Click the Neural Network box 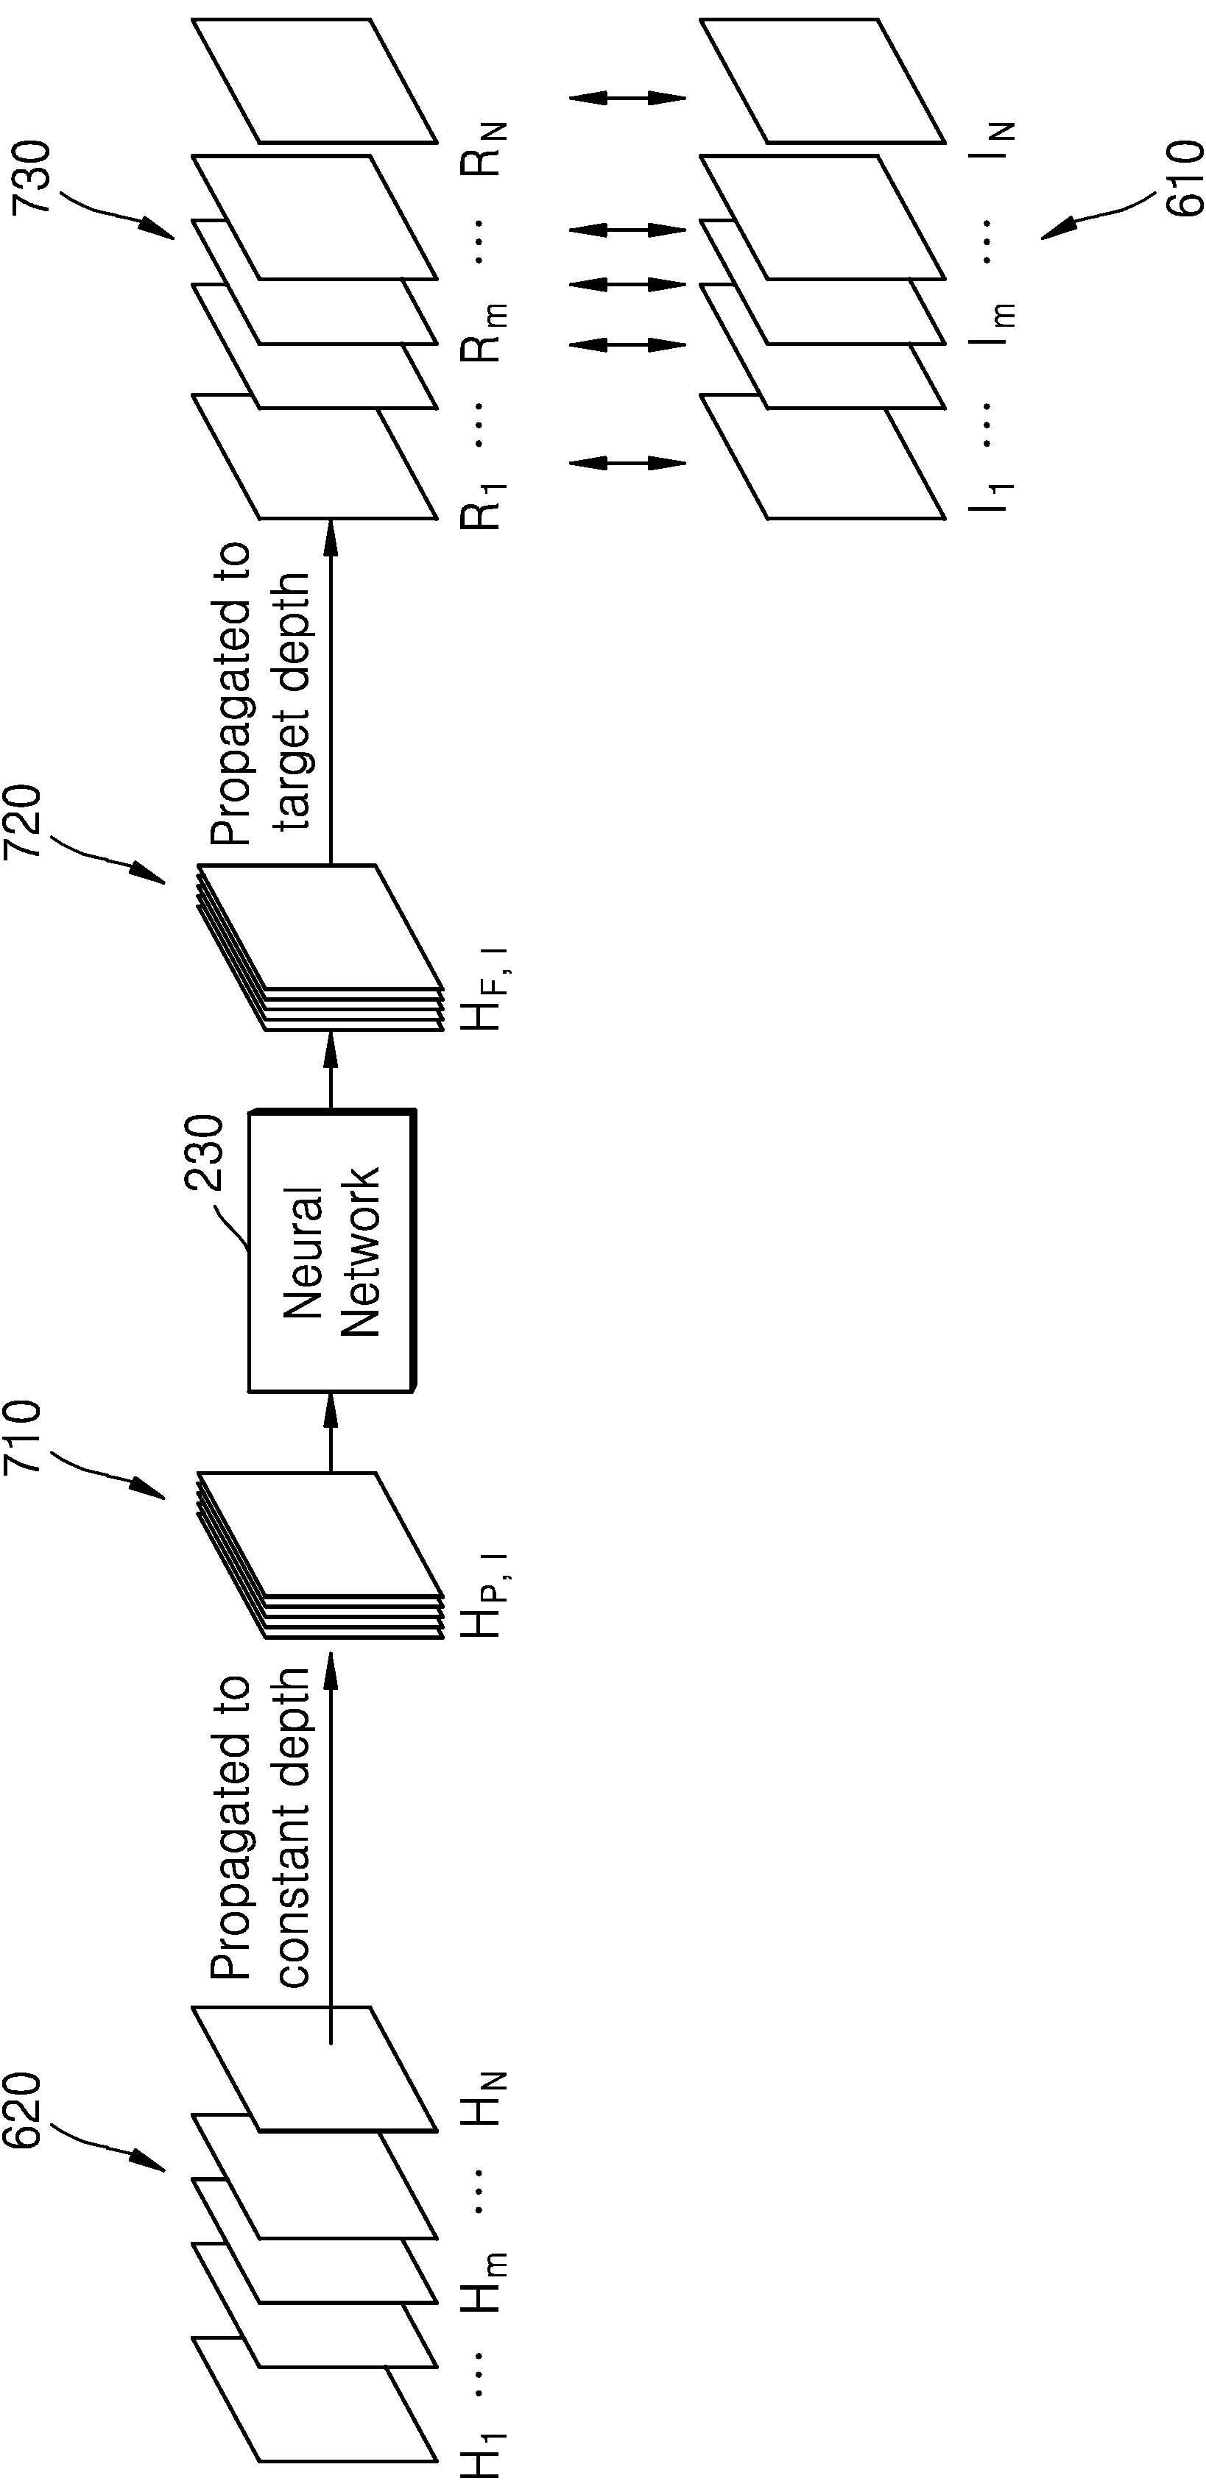tap(332, 1252)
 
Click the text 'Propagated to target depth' tap(260, 693)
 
